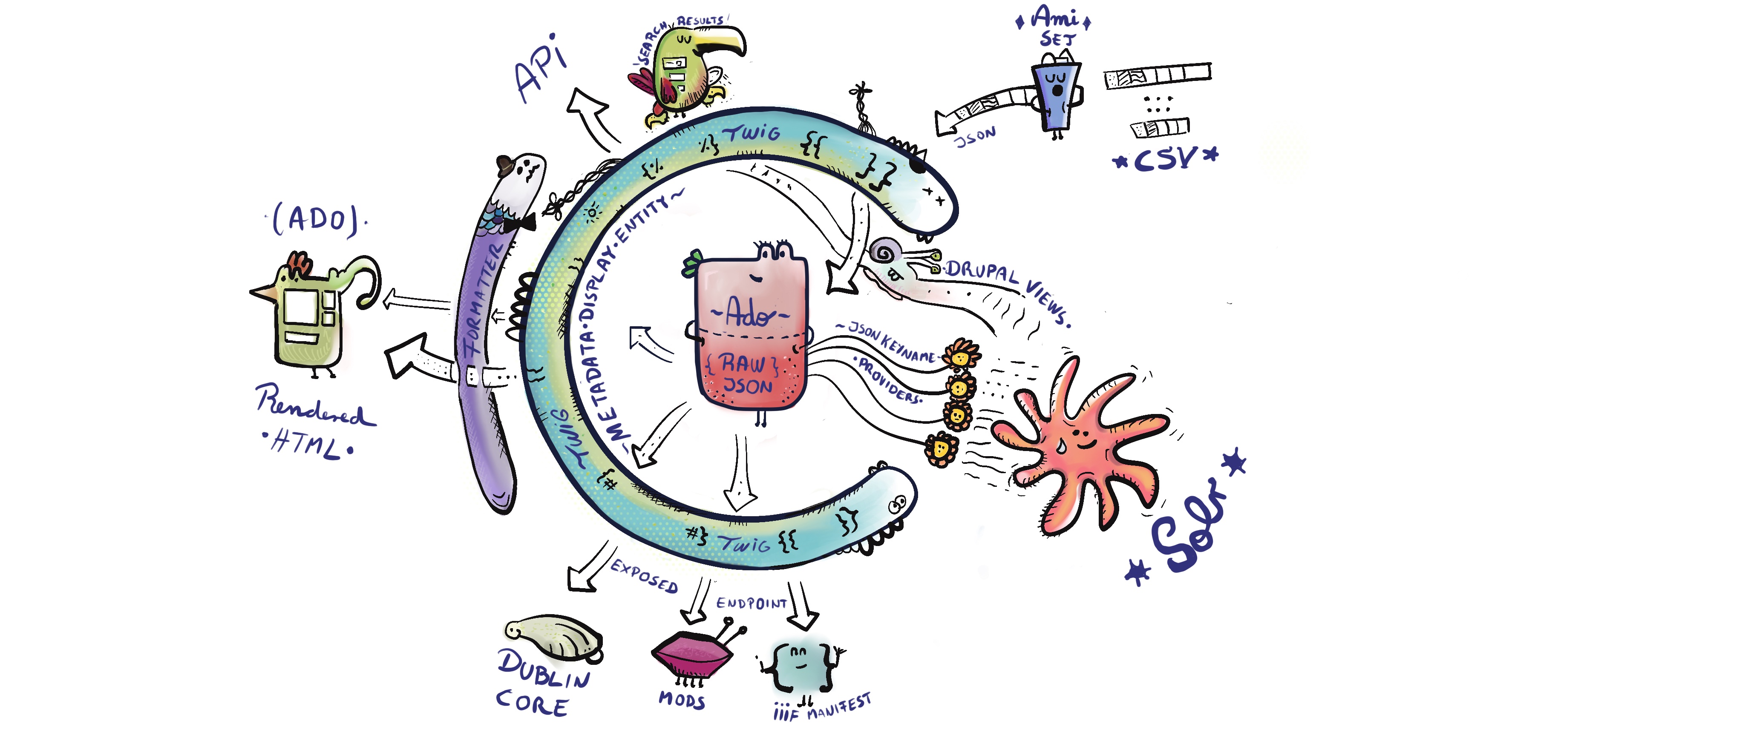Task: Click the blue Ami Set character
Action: [1055, 95]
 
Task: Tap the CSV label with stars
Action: [1165, 159]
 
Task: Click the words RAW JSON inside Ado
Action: [745, 374]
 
